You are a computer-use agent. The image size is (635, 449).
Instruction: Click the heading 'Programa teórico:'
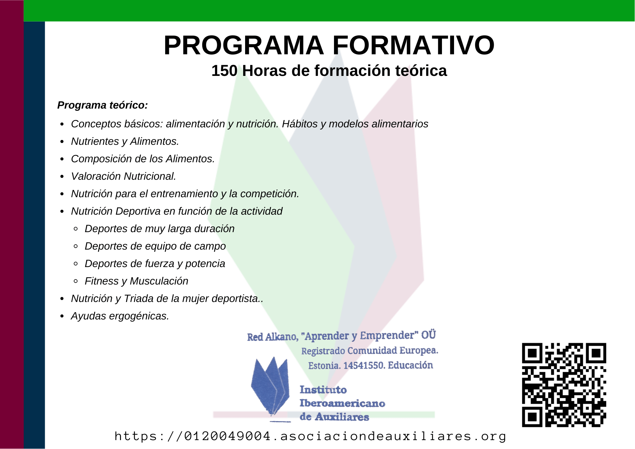103,105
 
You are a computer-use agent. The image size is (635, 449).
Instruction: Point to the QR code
564,385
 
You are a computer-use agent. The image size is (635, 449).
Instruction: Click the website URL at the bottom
310,436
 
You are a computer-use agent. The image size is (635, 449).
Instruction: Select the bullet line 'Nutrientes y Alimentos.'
125,141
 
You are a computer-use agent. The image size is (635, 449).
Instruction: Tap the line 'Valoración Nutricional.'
124,176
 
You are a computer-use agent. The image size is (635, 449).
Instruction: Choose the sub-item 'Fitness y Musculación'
137,281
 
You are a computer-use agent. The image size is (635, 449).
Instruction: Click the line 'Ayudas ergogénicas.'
120,316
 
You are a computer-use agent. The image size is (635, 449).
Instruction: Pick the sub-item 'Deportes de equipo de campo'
155,246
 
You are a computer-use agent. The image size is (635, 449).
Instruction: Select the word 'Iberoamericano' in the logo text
342,403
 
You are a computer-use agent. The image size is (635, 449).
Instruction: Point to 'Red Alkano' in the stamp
272,337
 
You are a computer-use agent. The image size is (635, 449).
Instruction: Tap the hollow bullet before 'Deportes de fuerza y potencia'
76,264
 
